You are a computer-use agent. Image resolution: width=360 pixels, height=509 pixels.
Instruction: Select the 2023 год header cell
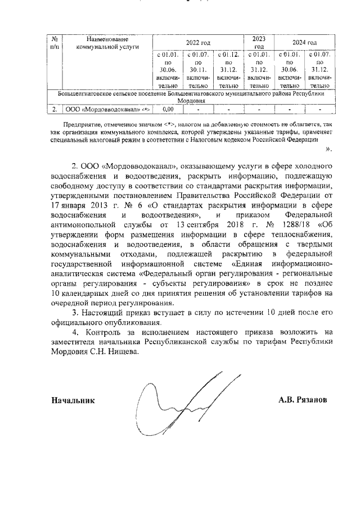259,42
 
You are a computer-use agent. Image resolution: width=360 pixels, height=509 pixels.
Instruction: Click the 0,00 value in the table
167,110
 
